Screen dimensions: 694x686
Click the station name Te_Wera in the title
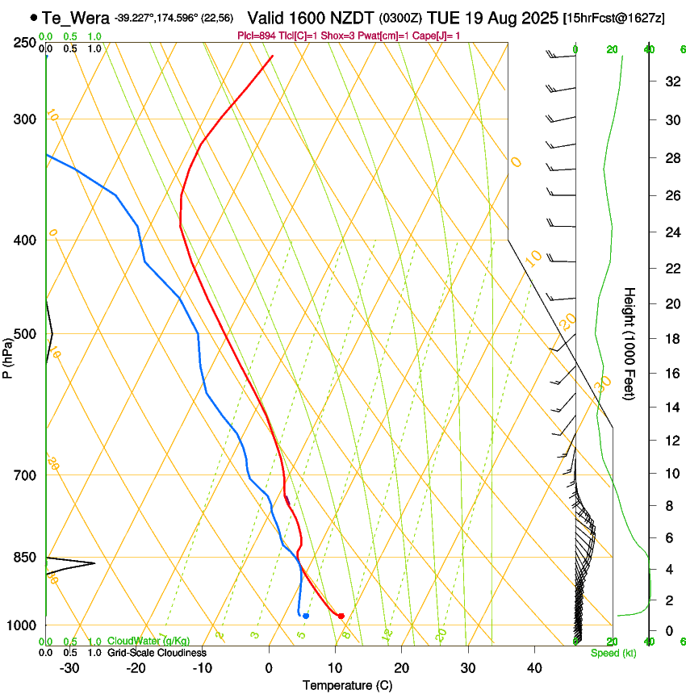click(76, 18)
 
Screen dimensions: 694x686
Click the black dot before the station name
click(33, 17)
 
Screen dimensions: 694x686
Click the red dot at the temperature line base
click(341, 616)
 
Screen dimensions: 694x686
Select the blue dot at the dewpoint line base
click(306, 616)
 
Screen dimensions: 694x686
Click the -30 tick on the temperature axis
click(70, 667)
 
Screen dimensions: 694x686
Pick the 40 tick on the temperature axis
click(534, 667)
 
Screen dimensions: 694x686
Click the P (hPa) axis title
click(8, 356)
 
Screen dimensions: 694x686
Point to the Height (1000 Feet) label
click(630, 343)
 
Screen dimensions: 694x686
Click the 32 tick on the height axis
click(670, 81)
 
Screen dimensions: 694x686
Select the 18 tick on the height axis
click(670, 338)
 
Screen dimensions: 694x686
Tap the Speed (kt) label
click(613, 653)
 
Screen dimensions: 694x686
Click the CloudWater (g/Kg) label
click(148, 642)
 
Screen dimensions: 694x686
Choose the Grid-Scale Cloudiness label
click(157, 653)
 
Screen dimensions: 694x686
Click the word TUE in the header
click(444, 18)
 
